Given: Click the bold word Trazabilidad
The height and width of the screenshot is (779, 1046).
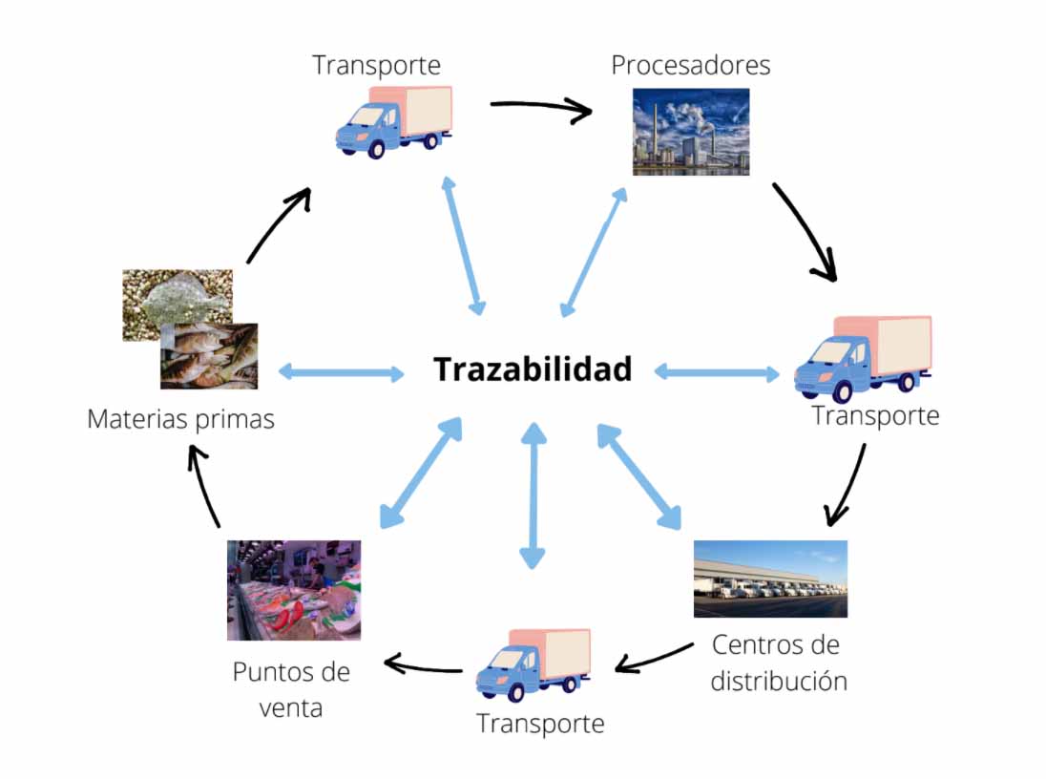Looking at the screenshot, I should (x=533, y=369).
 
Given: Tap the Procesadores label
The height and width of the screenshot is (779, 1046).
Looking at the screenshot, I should (x=691, y=65).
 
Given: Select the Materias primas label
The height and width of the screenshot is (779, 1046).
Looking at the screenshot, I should (x=180, y=419).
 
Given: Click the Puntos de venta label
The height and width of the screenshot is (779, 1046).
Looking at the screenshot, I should (x=291, y=689).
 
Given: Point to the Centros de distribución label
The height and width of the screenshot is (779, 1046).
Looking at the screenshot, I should (x=779, y=663).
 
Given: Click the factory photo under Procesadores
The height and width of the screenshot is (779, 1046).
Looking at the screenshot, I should (x=691, y=132).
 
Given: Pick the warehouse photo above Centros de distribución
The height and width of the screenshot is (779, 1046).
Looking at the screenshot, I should (x=770, y=579).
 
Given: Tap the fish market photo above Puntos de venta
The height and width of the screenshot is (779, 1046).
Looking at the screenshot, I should (x=294, y=590).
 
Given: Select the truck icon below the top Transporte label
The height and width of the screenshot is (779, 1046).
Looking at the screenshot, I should (x=393, y=121).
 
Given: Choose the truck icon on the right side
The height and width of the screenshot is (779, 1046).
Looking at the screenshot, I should (x=863, y=358).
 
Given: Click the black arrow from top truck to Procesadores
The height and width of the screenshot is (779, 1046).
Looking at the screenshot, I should (x=541, y=108).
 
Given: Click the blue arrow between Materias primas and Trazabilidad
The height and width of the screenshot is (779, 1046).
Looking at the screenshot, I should (x=340, y=372).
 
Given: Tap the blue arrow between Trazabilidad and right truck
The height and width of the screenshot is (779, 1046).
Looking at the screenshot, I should (x=717, y=372).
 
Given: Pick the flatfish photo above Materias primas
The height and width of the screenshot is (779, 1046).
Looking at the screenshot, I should (x=178, y=304).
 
